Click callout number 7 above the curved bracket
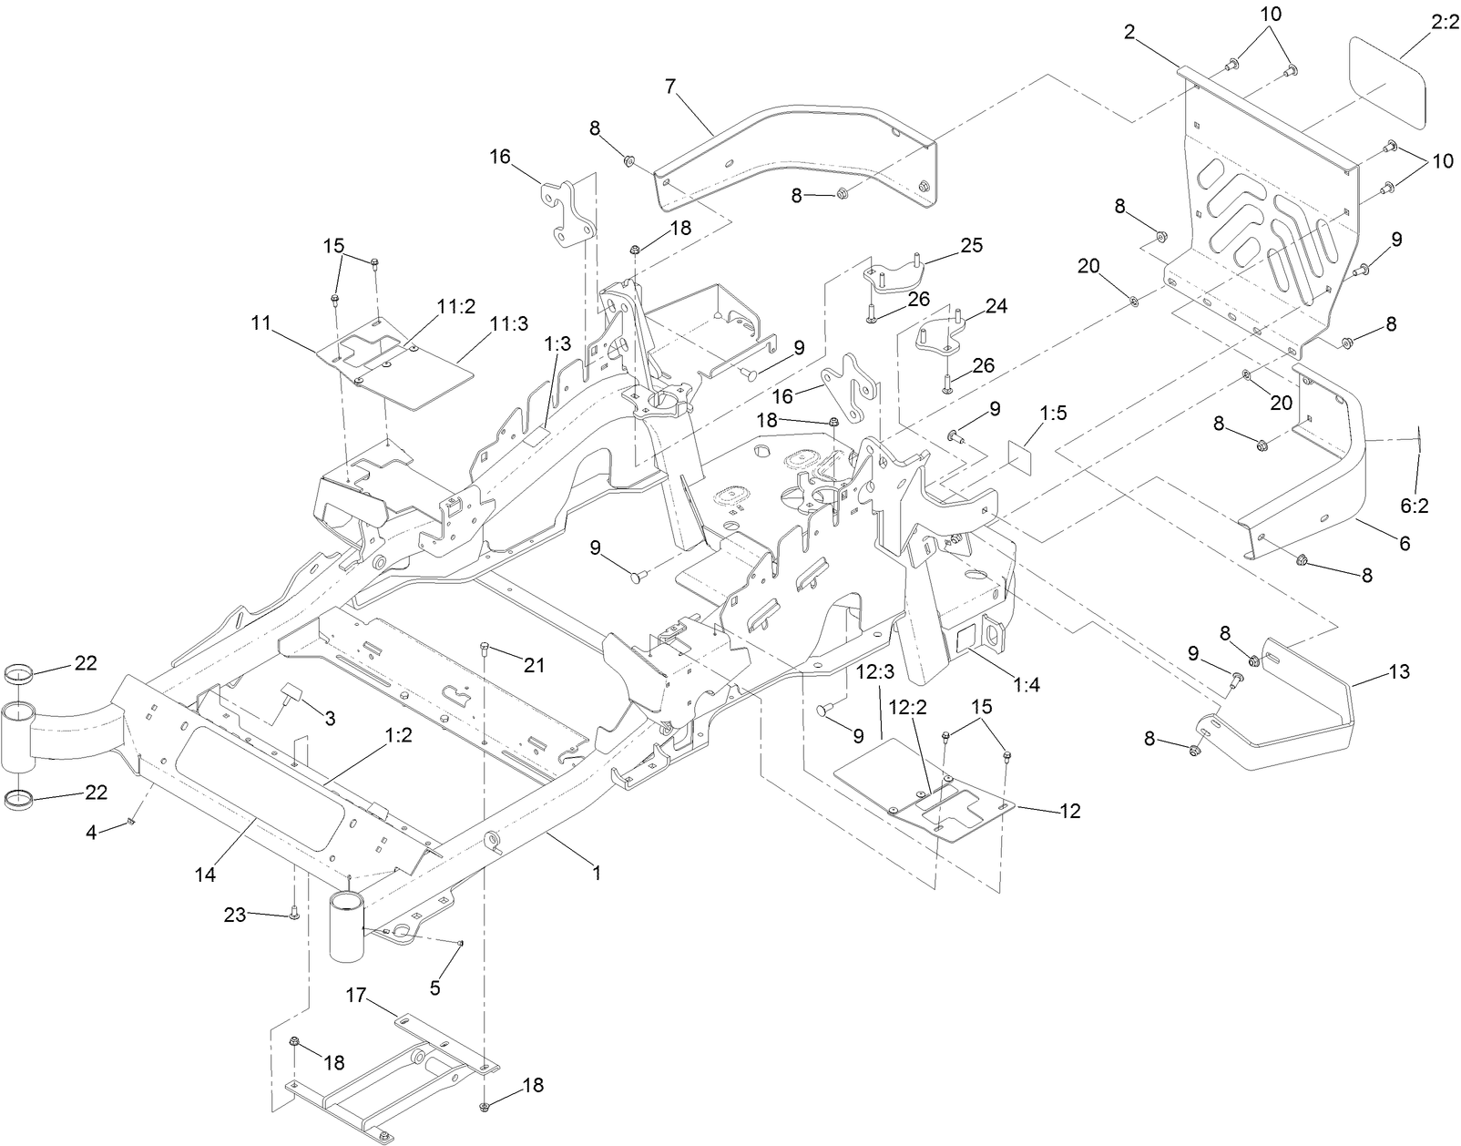coord(671,87)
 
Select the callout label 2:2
coord(1445,21)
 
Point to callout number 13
coord(1398,671)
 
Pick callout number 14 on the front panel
coord(205,874)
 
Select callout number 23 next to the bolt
coord(235,914)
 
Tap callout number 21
coord(534,666)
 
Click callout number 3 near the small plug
coord(330,719)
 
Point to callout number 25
coord(971,245)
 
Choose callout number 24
coord(996,306)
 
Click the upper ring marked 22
coord(21,675)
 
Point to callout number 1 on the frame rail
coord(597,872)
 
